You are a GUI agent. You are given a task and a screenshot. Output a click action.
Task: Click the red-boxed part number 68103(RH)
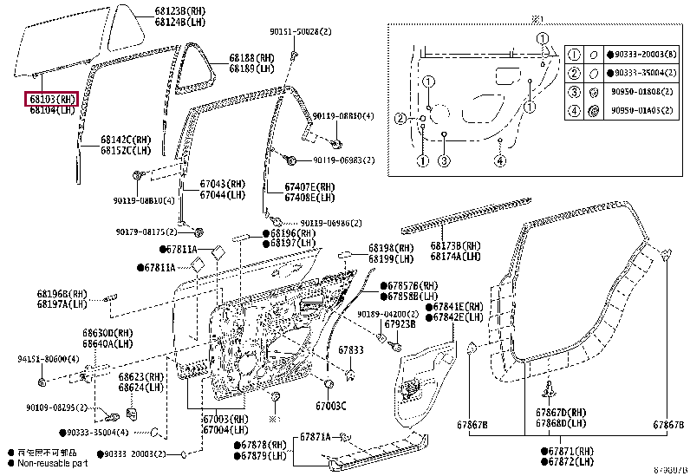(52, 99)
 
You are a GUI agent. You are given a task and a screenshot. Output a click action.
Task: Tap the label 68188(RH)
(251, 58)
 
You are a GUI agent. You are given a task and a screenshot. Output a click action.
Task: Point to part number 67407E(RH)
(309, 186)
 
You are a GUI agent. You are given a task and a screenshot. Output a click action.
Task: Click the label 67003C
(331, 406)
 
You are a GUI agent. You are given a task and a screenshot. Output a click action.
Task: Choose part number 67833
(350, 350)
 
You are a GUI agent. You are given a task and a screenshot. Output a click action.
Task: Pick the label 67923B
(400, 323)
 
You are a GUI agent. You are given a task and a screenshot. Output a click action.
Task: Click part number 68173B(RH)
(456, 246)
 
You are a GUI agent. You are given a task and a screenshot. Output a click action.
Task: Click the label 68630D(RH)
(108, 332)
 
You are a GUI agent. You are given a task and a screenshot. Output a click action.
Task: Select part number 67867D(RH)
(561, 413)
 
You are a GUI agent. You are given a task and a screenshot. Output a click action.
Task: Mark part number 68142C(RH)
(125, 139)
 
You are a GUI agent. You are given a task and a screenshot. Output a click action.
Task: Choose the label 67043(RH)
(225, 186)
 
